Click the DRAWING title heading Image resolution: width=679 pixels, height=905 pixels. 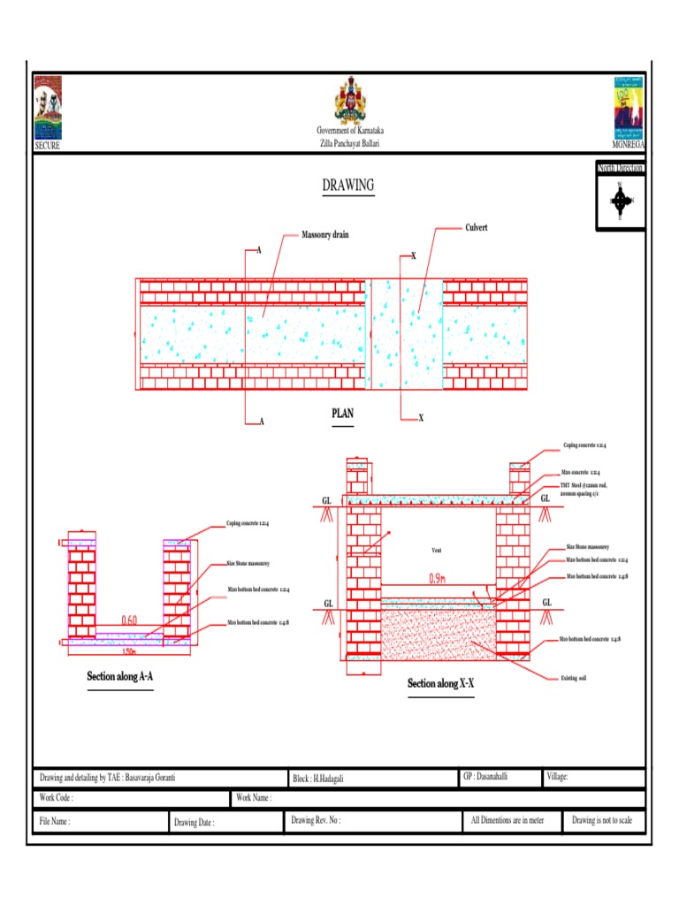coord(347,186)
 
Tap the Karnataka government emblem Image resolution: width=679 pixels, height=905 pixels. coord(351,102)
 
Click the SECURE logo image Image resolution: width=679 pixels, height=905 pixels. coord(48,108)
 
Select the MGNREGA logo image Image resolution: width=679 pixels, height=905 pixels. coord(629,108)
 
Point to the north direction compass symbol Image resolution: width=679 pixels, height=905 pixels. coord(622,201)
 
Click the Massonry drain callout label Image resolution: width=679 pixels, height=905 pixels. coord(324,236)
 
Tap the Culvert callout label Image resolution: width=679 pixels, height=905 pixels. coord(477,228)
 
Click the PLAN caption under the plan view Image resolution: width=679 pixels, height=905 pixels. coord(342,414)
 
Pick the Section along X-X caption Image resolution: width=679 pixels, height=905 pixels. coord(440,683)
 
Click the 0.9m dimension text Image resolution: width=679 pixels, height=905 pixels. coord(437,579)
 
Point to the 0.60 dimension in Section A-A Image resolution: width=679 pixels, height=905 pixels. coord(130,620)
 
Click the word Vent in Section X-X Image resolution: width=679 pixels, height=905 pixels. coord(436,551)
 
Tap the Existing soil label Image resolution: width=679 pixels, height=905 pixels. coord(575,678)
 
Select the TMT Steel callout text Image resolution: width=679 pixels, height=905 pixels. coord(584,490)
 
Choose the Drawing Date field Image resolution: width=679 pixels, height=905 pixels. coord(194,822)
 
